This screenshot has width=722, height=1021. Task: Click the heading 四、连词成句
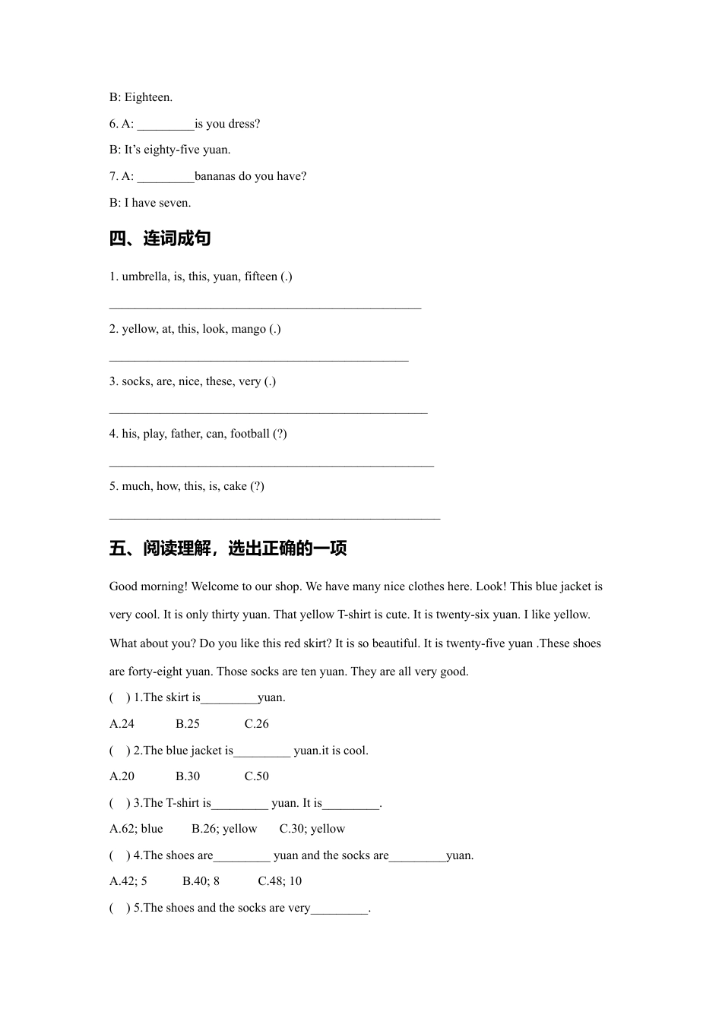click(160, 239)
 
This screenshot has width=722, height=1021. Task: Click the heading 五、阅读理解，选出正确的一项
click(228, 548)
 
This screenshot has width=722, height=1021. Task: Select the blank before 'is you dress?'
click(166, 125)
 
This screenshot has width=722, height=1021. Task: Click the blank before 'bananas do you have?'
click(166, 177)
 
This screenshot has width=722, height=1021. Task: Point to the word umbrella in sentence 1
click(145, 277)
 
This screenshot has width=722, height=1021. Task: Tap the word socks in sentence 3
click(136, 381)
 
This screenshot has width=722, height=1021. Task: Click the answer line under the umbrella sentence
click(265, 307)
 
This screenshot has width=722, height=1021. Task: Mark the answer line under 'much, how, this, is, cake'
click(274, 517)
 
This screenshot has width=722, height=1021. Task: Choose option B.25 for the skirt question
click(188, 724)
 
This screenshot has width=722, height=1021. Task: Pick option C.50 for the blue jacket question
click(257, 776)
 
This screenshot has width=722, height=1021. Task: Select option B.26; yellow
click(224, 829)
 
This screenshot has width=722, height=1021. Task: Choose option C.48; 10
click(280, 881)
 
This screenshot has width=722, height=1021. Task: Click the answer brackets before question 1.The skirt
click(119, 697)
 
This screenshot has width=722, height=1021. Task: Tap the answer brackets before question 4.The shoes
click(119, 855)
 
